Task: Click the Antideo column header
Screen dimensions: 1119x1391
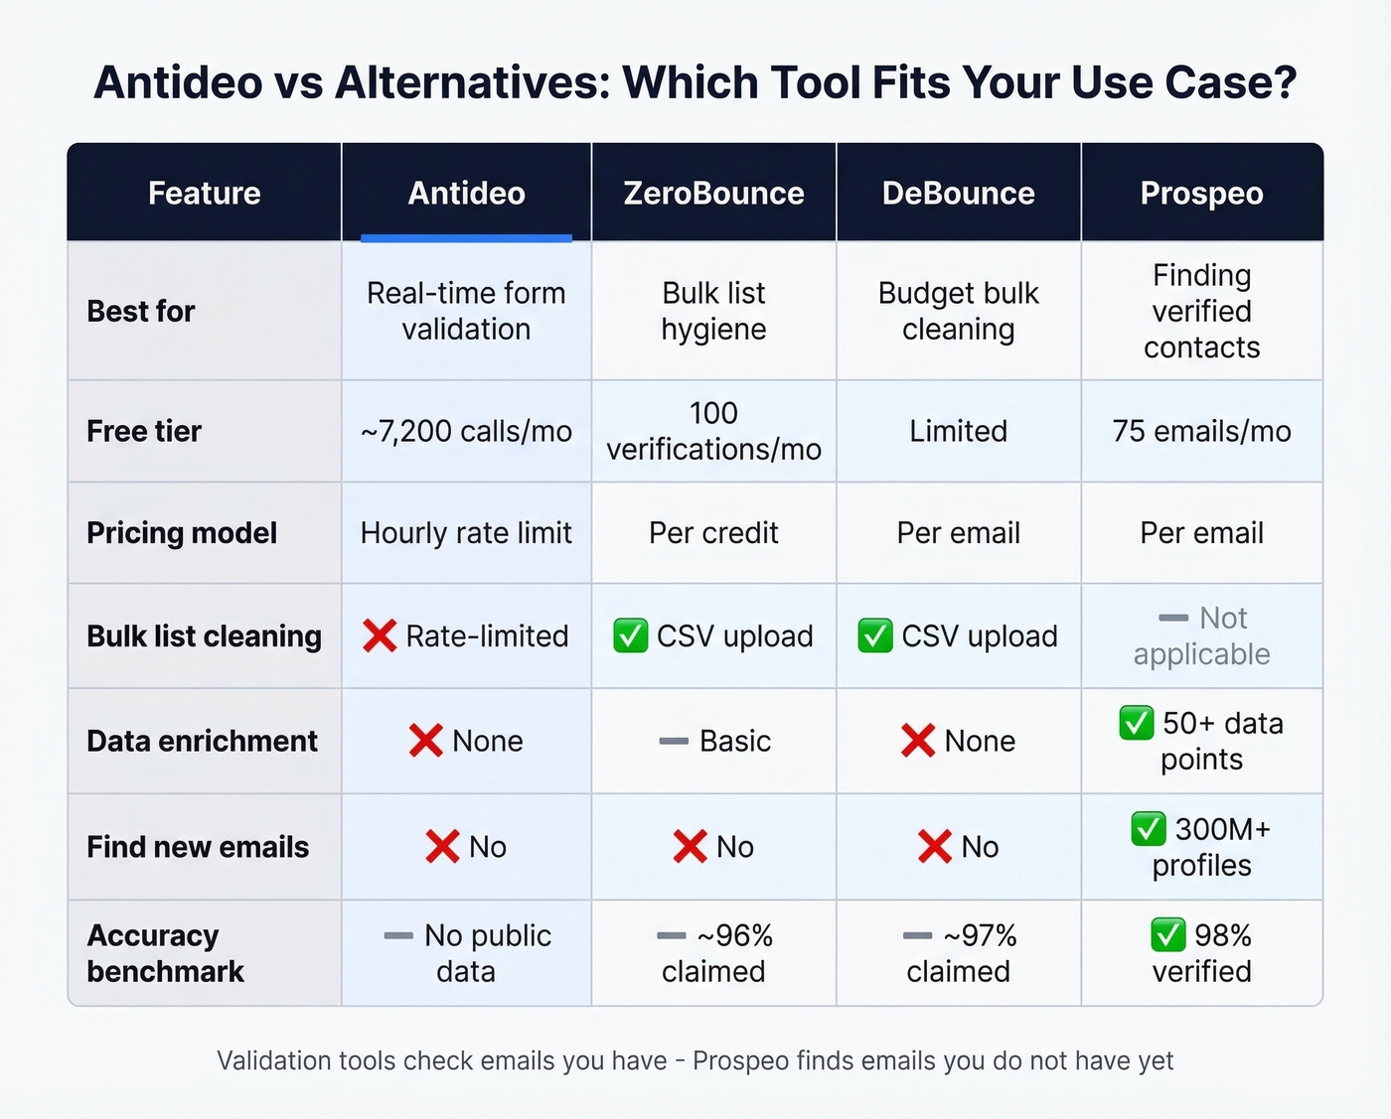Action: click(x=466, y=193)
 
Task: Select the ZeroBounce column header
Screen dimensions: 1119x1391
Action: click(x=713, y=193)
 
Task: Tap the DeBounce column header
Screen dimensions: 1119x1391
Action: click(x=958, y=193)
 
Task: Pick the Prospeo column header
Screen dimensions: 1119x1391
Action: click(x=1201, y=193)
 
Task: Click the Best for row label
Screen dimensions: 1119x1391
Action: click(x=141, y=311)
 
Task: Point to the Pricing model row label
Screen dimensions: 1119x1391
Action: click(x=182, y=533)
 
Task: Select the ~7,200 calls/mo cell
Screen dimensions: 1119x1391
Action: click(x=466, y=431)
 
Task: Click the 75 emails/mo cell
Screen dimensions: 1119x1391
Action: click(x=1201, y=431)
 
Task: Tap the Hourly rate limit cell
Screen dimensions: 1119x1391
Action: click(x=466, y=533)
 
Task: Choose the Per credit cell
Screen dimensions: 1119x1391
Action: click(x=713, y=533)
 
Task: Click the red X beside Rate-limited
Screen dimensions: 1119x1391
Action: click(x=380, y=635)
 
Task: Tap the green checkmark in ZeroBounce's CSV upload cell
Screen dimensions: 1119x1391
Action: click(x=630, y=635)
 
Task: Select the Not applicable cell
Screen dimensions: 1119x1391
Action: click(x=1201, y=635)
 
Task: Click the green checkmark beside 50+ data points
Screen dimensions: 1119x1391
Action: click(x=1137, y=723)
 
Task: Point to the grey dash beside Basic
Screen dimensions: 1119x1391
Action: click(x=674, y=741)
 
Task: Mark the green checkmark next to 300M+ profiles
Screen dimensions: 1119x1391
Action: click(x=1148, y=828)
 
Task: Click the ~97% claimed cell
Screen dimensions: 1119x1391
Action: click(x=959, y=953)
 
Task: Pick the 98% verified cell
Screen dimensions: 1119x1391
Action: click(x=1201, y=953)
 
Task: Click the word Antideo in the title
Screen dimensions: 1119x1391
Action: click(x=179, y=82)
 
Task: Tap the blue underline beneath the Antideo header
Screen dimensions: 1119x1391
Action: click(x=466, y=238)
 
